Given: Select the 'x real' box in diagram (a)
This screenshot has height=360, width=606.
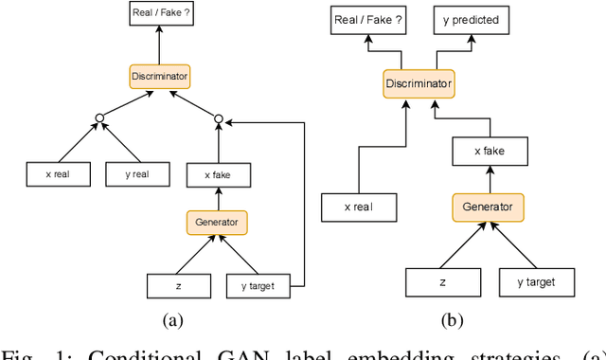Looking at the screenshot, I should (58, 173).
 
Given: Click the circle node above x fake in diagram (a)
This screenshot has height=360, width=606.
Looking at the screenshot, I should (219, 118).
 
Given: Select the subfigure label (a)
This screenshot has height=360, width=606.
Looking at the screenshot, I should (171, 320).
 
